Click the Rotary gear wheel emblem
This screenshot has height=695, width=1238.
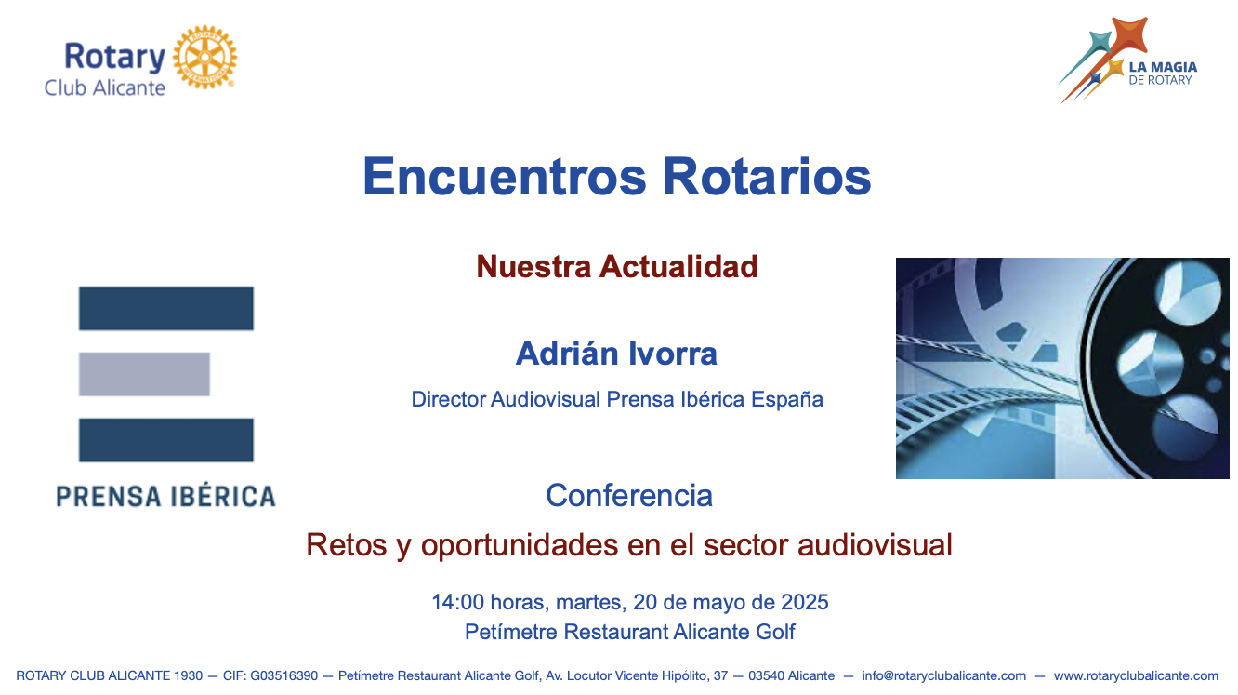coord(205,57)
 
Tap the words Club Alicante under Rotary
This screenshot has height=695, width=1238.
coord(104,88)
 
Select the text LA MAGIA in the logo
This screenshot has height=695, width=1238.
coord(1163,67)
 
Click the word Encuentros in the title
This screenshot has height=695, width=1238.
coord(505,177)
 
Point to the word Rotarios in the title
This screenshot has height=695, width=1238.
coord(767,177)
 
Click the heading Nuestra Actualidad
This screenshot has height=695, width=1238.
coord(617,267)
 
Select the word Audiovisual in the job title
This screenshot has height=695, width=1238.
coord(546,399)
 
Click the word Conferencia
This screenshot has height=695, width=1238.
coord(629,495)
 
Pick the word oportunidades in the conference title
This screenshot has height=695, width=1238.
coord(519,545)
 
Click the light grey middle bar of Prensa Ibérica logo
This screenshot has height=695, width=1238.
coord(144,374)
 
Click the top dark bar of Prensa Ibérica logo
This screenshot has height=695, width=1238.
coord(166,308)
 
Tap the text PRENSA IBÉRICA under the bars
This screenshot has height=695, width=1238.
coord(165,496)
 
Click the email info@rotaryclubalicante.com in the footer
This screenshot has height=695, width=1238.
coord(944,675)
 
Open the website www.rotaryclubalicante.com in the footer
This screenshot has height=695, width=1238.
coord(1136,675)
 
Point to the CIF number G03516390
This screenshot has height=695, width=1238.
coord(284,675)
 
